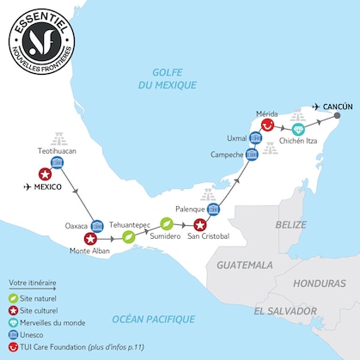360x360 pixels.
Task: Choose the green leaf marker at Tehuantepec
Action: point(128,235)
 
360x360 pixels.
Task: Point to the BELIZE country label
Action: point(290,224)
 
